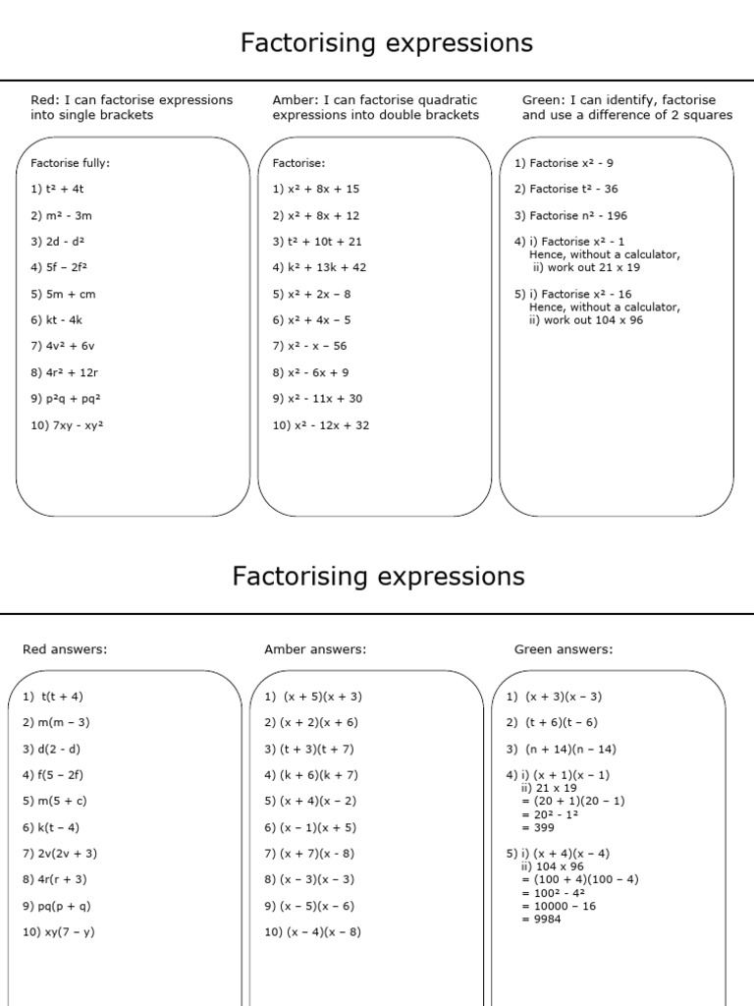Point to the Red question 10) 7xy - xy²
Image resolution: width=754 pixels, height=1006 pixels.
click(67, 425)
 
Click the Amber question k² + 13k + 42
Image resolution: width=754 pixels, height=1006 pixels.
click(318, 267)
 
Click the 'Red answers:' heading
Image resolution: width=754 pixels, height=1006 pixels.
click(65, 649)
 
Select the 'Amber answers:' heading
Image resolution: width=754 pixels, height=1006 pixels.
click(314, 649)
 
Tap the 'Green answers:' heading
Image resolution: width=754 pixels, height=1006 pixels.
click(563, 649)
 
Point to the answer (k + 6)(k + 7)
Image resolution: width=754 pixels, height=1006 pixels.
click(311, 775)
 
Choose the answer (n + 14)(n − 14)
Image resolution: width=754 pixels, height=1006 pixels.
click(562, 749)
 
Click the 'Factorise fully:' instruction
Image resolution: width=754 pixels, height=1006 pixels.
click(71, 163)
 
